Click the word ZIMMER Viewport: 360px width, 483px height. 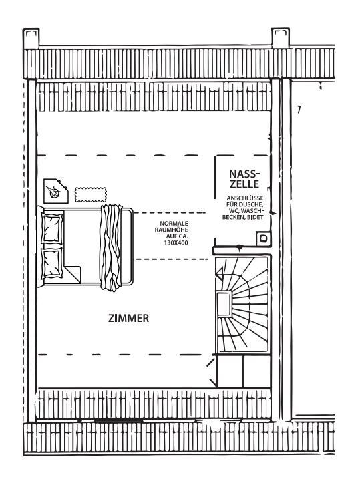pos(128,318)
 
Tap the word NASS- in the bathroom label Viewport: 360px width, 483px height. pos(242,174)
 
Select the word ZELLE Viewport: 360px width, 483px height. pos(244,184)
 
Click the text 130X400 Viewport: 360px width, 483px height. pos(176,243)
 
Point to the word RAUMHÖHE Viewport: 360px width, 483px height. pos(171,230)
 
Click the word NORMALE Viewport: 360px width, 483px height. pos(174,224)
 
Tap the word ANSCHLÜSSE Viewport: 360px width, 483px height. pos(245,198)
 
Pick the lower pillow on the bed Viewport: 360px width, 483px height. pos(51,263)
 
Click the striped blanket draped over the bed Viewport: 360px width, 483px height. pos(111,248)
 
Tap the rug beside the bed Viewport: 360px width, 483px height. pos(91,194)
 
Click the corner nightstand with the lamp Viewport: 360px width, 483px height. pos(55,191)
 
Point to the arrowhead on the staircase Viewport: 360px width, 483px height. pos(220,273)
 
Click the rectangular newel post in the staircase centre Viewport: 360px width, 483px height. pos(224,304)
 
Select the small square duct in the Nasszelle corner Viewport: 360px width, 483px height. pos(264,238)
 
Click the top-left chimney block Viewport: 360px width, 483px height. pos(31,39)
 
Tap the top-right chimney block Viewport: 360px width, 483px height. pos(281,38)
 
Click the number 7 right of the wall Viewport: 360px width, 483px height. pos(299,110)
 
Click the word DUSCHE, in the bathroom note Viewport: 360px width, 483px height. pos(254,204)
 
